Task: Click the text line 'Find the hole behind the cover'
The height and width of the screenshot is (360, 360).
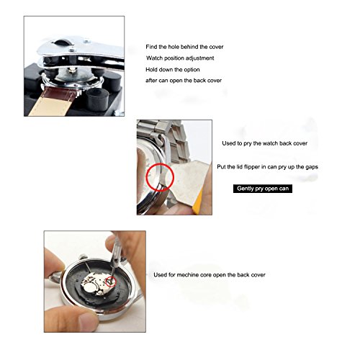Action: (184, 47)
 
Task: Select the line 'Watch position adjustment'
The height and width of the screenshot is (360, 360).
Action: (180, 58)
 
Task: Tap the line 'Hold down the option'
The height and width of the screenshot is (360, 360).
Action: (173, 70)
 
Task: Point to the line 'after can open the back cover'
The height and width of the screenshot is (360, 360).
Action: (184, 81)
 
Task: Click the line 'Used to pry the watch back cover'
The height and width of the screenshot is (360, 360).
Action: (265, 143)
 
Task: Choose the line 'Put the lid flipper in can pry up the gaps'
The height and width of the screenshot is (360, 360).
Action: (268, 167)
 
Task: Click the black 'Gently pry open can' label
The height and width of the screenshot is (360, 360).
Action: (263, 189)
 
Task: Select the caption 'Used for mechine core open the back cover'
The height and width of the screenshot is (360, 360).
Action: (210, 275)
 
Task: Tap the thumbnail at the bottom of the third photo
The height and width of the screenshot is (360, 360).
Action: (89, 320)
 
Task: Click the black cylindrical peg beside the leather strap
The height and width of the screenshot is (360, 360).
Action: (97, 99)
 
